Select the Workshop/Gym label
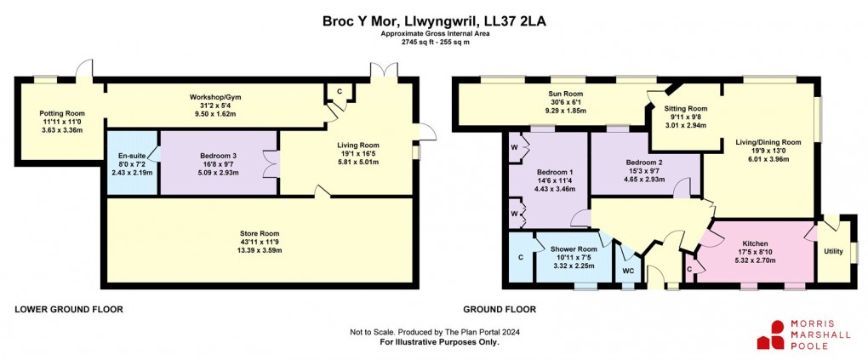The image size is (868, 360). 213,97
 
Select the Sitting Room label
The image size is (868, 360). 685,109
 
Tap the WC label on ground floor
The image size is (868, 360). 628,271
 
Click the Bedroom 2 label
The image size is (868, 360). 643,162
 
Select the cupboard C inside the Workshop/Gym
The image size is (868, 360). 340,91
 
